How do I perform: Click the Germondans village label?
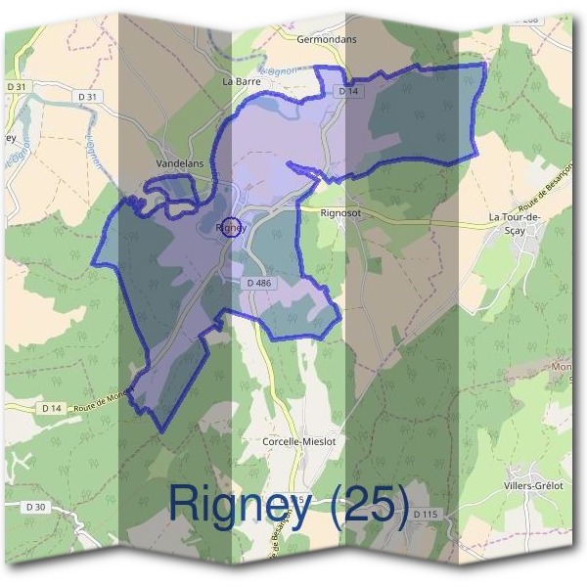pos(328,39)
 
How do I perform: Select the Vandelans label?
pos(180,163)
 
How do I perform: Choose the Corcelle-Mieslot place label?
pos(299,441)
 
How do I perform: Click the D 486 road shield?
pos(260,283)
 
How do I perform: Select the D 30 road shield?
pos(36,506)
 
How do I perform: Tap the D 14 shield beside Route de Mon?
pos(52,407)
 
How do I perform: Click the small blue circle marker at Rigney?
pos(231,227)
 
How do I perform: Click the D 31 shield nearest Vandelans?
pos(88,96)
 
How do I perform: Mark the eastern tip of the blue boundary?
pos(485,65)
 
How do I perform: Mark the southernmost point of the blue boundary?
pos(161,431)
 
